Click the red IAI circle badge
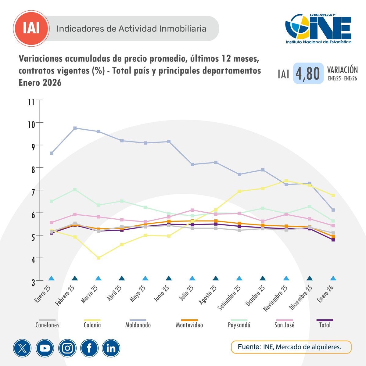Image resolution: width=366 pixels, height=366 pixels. (x=31, y=29)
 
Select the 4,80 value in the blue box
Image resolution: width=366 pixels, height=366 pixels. (x=308, y=74)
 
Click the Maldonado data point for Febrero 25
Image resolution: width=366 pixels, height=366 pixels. (x=75, y=128)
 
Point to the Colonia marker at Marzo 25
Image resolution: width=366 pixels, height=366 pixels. (x=99, y=258)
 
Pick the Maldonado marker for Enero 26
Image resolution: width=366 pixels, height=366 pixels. (x=333, y=210)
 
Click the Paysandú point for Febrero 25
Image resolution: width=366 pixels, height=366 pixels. (x=75, y=190)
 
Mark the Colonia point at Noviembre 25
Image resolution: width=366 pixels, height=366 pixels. (x=286, y=181)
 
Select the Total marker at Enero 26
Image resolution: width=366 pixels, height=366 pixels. (x=333, y=240)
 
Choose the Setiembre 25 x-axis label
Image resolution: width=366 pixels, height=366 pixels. (x=230, y=298)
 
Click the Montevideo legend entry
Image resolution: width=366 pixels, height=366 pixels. (x=189, y=325)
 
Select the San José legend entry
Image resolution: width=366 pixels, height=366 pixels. (x=285, y=325)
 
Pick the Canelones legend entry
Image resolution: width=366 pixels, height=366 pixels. (x=47, y=325)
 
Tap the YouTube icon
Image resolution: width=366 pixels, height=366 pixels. (x=45, y=348)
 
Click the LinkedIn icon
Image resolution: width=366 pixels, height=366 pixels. (x=111, y=348)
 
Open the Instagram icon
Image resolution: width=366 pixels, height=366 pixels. (x=67, y=348)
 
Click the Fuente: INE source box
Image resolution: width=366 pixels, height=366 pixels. (x=291, y=347)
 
